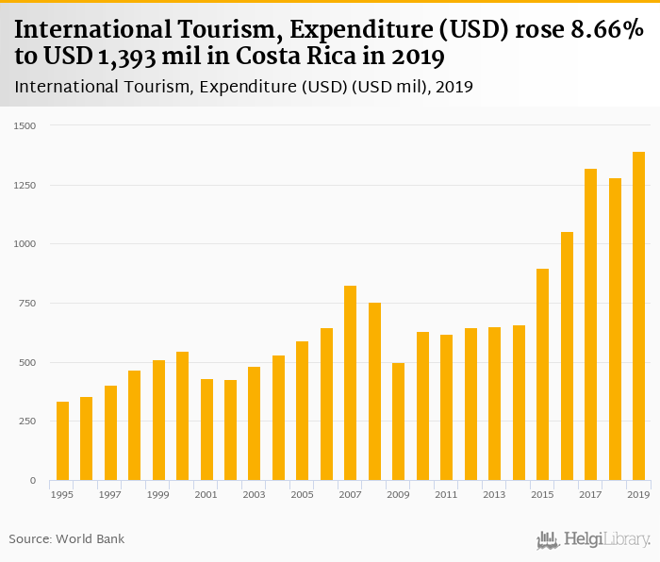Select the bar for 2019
click(638, 316)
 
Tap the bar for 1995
click(62, 441)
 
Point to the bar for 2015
click(542, 374)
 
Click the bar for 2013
click(494, 404)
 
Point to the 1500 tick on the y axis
click(25, 125)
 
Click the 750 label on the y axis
click(28, 304)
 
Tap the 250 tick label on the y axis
click(28, 421)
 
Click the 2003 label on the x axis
click(254, 494)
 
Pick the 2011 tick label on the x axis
click(446, 494)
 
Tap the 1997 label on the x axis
click(110, 494)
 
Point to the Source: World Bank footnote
click(67, 539)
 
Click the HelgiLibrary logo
click(593, 540)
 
